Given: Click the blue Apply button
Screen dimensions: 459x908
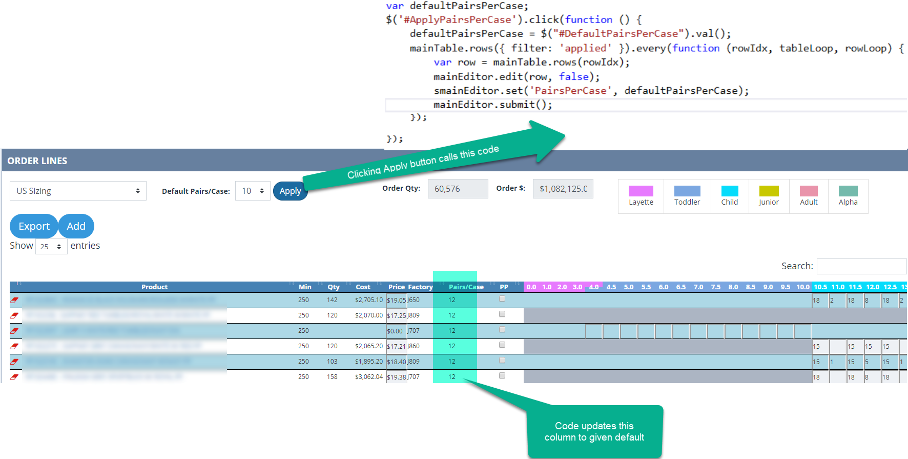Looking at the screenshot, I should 290,191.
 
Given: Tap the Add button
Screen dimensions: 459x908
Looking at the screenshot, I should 76,226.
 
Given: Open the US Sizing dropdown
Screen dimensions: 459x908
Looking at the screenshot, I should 78,191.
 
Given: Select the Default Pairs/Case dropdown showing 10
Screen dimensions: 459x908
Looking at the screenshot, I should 253,191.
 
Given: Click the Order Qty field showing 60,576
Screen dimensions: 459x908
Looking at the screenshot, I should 458,189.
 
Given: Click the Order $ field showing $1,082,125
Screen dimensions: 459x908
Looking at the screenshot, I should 563,189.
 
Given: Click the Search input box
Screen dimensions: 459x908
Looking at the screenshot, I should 861,266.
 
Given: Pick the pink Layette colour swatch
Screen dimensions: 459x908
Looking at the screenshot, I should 641,191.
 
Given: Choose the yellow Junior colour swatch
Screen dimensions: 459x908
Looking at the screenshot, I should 769,191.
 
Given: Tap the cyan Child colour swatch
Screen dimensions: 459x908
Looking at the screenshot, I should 729,191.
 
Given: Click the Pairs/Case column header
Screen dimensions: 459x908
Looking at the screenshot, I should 466,287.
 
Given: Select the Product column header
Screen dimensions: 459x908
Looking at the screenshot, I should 154,287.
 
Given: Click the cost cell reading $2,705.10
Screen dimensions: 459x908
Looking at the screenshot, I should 368,300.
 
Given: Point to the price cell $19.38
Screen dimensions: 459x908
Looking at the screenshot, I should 396,377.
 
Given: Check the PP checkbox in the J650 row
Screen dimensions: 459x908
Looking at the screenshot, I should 502,299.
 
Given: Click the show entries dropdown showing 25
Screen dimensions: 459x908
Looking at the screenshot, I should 51,247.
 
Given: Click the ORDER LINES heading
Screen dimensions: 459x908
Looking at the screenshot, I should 37,161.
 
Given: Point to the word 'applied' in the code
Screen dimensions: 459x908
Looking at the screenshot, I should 586,48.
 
